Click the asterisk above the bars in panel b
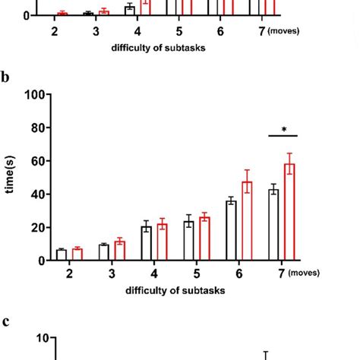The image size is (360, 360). point(284,130)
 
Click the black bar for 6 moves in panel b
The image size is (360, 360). point(231,231)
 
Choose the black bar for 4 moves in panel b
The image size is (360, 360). point(147,244)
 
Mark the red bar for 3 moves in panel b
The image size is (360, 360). point(119,251)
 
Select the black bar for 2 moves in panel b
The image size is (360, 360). point(62,254)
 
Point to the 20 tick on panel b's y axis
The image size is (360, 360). point(36,227)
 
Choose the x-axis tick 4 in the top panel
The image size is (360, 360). point(137,32)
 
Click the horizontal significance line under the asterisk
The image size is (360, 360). point(283,137)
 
